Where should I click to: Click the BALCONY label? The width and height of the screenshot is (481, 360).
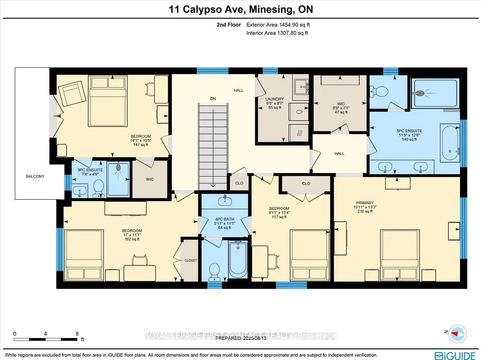[x=35, y=176]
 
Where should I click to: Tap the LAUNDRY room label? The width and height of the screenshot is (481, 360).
[x=275, y=99]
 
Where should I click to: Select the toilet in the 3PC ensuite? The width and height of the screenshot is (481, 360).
[x=98, y=189]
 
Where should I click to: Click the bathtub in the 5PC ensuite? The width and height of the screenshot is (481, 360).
[x=450, y=143]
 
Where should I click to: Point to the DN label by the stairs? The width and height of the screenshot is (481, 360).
[x=213, y=99]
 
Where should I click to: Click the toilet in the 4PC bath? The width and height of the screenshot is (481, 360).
[x=214, y=272]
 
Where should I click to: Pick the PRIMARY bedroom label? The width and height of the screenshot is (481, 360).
[x=365, y=203]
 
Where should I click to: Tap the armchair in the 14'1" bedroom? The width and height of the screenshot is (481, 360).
[x=72, y=94]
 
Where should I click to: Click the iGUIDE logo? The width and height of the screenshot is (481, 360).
[x=455, y=355]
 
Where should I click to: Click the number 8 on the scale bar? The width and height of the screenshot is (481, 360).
[x=77, y=334]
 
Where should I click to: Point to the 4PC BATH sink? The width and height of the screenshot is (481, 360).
[x=225, y=201]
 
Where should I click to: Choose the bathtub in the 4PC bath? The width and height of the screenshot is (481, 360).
[x=238, y=259]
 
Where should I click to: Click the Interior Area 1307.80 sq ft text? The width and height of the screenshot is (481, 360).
[x=277, y=33]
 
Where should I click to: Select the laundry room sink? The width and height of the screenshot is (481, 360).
[x=301, y=87]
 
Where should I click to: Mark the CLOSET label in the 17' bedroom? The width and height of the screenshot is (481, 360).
[x=191, y=261]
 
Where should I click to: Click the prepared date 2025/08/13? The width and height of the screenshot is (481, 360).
[x=255, y=338]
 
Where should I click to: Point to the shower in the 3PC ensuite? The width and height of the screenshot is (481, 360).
[x=118, y=179]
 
